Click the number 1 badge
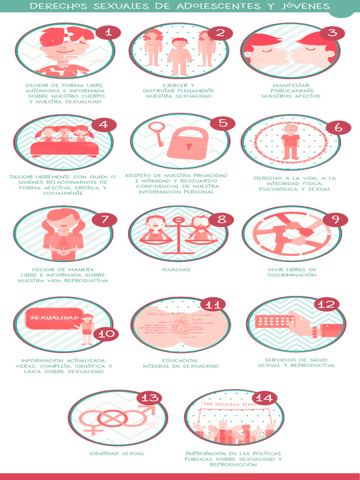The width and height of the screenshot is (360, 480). click(x=108, y=32)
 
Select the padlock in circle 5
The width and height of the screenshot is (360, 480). click(x=187, y=143)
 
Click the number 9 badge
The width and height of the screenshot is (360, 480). click(x=335, y=220)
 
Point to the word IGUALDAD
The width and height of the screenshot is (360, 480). click(x=176, y=270)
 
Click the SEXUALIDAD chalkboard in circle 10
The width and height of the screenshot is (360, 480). click(x=51, y=319)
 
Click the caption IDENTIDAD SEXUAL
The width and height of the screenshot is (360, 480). click(x=117, y=453)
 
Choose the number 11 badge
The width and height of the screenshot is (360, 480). click(x=213, y=305)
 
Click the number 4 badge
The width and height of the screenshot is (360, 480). click(x=104, y=125)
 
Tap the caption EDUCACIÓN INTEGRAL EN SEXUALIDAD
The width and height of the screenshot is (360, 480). click(x=180, y=363)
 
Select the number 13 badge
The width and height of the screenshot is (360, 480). click(x=149, y=398)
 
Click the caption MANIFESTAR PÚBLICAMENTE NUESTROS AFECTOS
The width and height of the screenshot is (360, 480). click(x=291, y=91)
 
